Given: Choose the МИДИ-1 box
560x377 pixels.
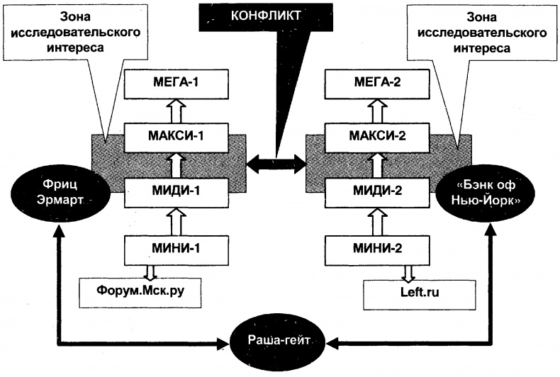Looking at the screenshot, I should pos(176,190).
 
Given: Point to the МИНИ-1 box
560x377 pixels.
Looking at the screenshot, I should pos(176,248).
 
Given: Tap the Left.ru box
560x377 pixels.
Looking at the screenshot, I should pos(405,291).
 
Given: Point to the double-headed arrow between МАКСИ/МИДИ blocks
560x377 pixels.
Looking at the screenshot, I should pos(275,164).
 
